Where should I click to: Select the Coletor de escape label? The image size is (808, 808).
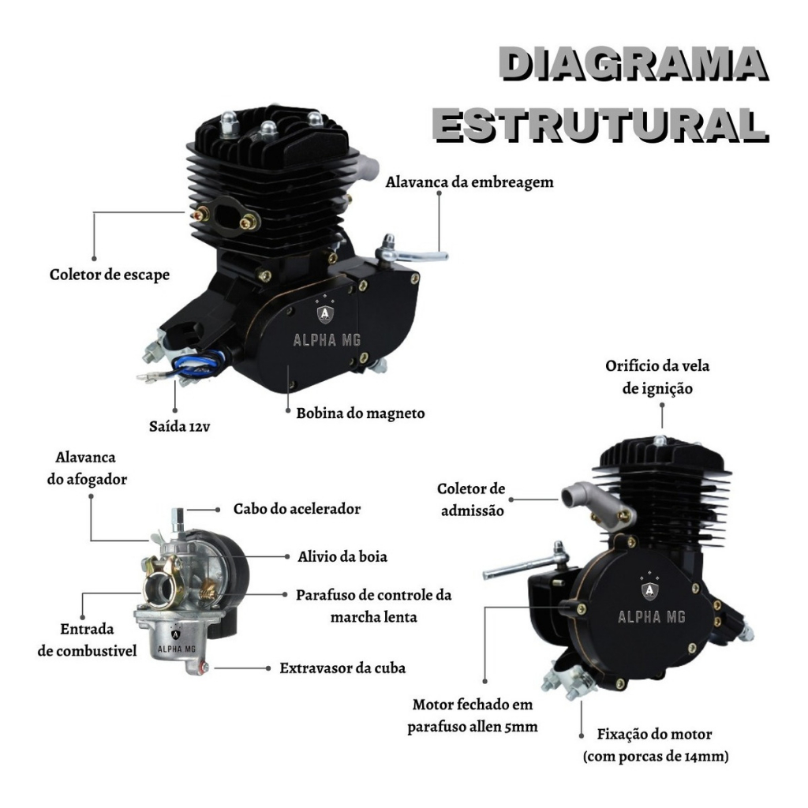point(110,275)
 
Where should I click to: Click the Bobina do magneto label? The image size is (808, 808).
point(361,413)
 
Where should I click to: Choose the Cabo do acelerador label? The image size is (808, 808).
point(297,509)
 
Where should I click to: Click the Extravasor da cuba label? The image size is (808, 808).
point(342,668)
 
